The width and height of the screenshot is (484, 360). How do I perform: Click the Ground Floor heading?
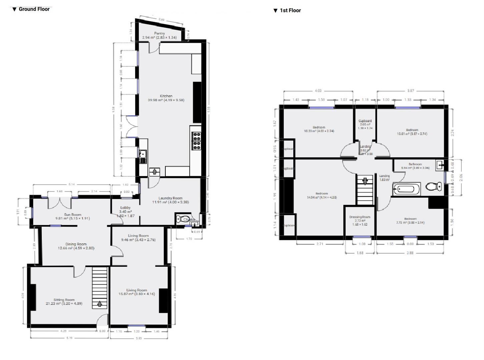(x=34, y=9)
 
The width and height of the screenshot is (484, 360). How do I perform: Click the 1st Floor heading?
(x=290, y=10)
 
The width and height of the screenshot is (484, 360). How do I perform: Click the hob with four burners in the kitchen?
(x=196, y=140)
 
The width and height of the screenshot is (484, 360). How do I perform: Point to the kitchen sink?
(x=143, y=156)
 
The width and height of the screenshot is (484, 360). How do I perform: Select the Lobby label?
(x=125, y=208)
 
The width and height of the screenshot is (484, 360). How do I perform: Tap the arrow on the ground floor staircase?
(x=100, y=304)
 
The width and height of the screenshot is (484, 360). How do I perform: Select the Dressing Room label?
(x=360, y=217)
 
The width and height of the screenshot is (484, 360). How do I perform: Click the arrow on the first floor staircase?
(x=365, y=181)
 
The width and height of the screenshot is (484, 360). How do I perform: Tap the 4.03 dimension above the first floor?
(x=318, y=91)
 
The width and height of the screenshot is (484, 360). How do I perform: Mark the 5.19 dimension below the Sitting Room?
(x=69, y=338)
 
